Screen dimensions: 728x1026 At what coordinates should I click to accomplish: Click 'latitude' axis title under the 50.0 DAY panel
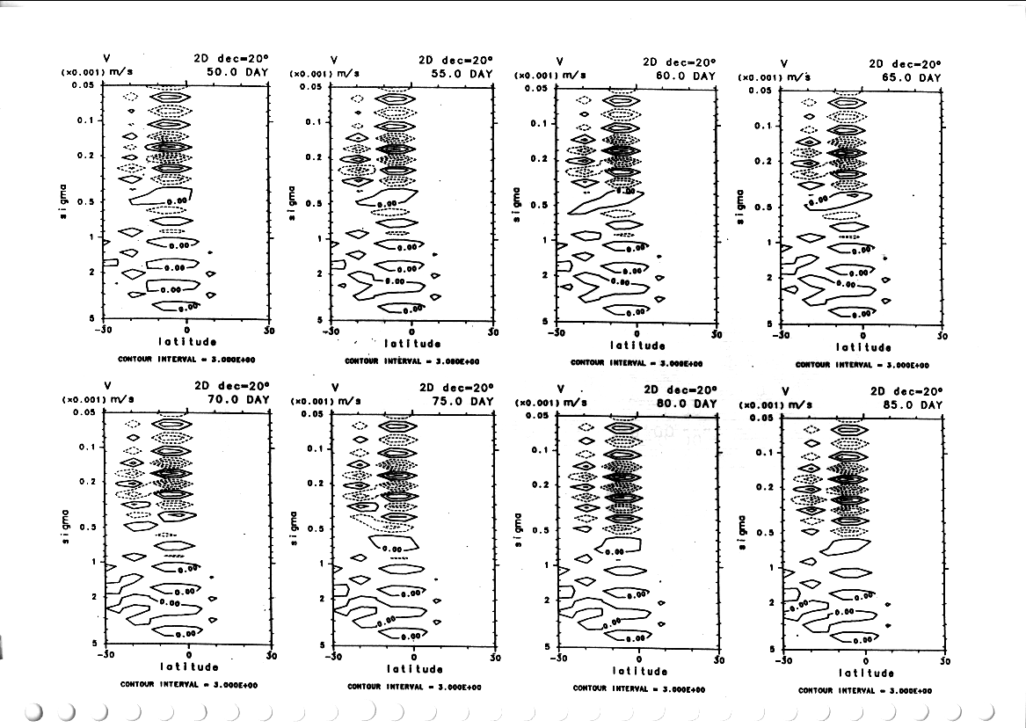[x=188, y=341]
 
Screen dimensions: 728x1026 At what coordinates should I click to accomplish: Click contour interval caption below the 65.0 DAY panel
[x=862, y=365]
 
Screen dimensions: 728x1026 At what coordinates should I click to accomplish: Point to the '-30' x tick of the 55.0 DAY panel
[x=330, y=332]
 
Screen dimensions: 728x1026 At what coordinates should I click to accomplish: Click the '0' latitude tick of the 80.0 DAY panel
[x=639, y=659]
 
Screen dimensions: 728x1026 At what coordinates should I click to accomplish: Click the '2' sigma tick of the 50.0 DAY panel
[x=91, y=272]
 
